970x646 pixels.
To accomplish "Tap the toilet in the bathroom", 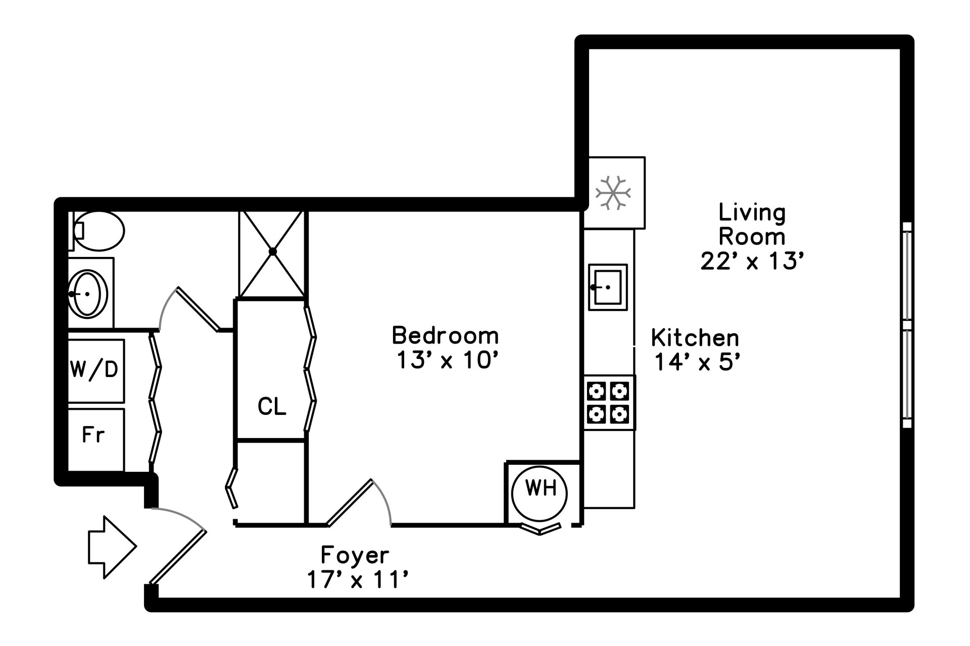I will [x=100, y=231].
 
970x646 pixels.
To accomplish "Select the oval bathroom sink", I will [x=88, y=294].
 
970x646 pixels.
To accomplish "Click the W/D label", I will [x=94, y=369].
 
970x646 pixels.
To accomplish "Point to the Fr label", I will [x=93, y=435].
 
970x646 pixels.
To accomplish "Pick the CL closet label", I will [x=272, y=406].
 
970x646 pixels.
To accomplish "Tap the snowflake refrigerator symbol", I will [x=613, y=192].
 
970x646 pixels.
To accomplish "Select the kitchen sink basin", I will [x=608, y=287].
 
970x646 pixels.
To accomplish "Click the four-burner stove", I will [x=609, y=403].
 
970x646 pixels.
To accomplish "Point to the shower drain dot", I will [x=273, y=251].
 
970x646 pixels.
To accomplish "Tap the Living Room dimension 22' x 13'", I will [x=752, y=261].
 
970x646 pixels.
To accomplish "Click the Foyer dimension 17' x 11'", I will [x=357, y=579].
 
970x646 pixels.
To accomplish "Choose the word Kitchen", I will [x=695, y=338].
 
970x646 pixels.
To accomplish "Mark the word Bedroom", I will [x=445, y=336].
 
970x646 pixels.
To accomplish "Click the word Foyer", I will [x=355, y=555].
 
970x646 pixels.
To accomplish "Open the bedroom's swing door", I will [x=350, y=503].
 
